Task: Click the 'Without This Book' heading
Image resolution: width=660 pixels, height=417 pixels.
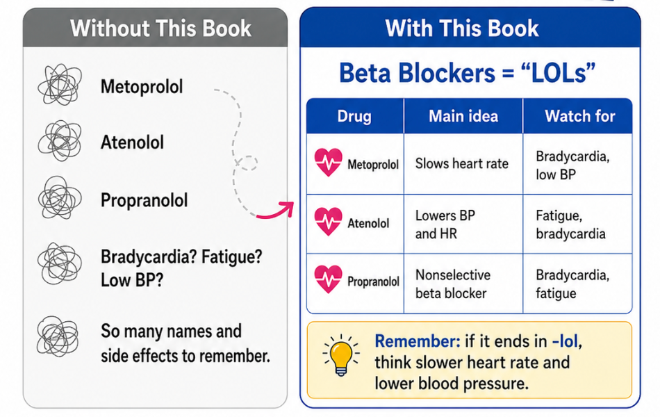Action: coord(160,28)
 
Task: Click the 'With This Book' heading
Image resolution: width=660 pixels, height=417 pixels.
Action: coord(462,28)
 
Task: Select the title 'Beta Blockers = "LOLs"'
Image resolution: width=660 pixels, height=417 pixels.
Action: coord(468,73)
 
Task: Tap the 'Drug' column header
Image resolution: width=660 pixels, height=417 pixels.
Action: coord(354,116)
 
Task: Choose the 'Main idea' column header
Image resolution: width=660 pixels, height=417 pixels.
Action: coord(463,116)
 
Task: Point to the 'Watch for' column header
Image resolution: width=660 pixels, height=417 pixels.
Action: coord(579,116)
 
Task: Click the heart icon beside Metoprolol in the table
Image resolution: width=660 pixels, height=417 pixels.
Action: coord(329,163)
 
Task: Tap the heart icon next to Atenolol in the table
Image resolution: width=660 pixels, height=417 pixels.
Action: coord(329,222)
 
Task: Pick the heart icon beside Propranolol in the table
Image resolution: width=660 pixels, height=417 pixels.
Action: coord(329,279)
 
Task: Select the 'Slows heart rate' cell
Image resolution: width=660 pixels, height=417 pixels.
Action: coord(462,163)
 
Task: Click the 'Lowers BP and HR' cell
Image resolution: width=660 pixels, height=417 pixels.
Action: coord(445,224)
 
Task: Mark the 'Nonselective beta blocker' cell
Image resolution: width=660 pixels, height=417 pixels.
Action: coord(452,284)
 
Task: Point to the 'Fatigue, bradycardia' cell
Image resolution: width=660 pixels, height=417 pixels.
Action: coord(570,224)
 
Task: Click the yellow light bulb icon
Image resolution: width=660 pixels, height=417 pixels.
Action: coord(341,355)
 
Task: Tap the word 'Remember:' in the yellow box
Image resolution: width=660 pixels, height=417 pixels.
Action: coord(418,341)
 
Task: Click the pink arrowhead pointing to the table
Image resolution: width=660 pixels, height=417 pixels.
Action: coord(288,208)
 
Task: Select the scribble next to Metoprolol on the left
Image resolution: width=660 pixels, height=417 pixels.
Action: coord(59,85)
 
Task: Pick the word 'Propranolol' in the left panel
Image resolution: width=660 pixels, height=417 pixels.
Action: coord(144,200)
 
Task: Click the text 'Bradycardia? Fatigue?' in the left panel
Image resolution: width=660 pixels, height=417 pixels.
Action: coord(181,256)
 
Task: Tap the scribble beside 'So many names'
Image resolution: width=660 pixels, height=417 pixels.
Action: coord(58,337)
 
